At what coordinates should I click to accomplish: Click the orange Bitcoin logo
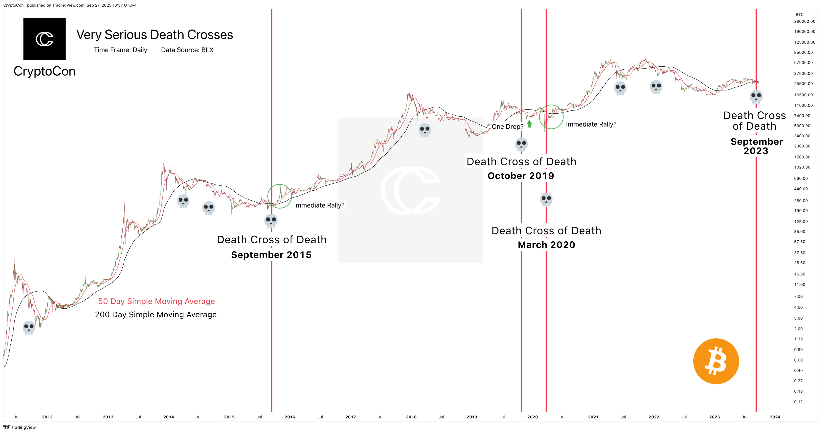(716, 361)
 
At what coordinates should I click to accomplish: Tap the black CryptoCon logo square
(44, 39)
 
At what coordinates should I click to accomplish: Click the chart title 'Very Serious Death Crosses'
(155, 35)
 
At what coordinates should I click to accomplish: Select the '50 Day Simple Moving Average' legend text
(156, 301)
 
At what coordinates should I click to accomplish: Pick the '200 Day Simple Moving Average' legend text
(156, 315)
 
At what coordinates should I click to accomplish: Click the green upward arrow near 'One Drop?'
(529, 124)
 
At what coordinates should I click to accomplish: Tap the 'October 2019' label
(521, 176)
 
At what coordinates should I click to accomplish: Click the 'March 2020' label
(546, 245)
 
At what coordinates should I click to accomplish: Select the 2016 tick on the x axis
(290, 417)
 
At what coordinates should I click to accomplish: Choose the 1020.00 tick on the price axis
(802, 167)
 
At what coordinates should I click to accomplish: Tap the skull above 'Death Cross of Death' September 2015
(271, 221)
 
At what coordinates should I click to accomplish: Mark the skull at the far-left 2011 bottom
(29, 327)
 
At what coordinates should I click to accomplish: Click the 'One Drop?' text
(507, 127)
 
